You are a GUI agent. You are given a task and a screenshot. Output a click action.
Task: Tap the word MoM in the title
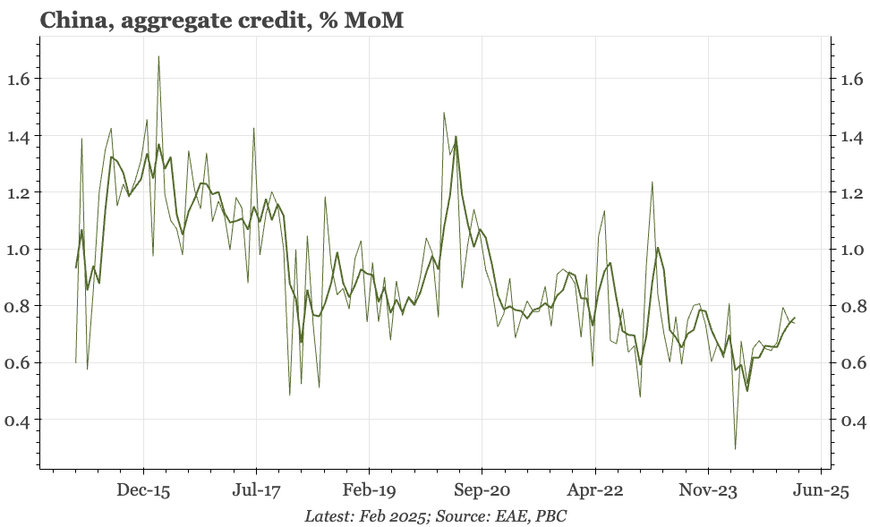coord(375,20)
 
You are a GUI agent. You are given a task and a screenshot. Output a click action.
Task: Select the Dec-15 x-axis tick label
coord(143,490)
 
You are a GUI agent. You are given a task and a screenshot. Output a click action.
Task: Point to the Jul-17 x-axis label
coord(256,490)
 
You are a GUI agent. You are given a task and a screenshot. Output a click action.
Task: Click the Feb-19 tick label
coord(370,490)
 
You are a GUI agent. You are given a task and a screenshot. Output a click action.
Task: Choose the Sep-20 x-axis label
coord(482,490)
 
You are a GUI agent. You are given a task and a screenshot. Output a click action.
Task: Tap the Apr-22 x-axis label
coord(595,490)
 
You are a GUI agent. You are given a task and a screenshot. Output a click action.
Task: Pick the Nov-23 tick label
coord(708,490)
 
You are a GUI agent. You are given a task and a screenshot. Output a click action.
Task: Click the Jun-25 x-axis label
coord(821,490)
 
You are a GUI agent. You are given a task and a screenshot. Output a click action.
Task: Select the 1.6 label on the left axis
coord(19,79)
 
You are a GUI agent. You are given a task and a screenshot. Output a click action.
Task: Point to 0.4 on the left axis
coord(19,420)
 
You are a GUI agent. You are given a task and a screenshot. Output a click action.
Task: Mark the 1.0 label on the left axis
coord(19,250)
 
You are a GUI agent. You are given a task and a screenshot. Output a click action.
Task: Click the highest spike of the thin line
coord(158,57)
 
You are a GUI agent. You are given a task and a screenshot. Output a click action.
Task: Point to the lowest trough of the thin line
coord(735,448)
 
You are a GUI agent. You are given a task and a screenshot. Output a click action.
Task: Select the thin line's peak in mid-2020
coord(444,113)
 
